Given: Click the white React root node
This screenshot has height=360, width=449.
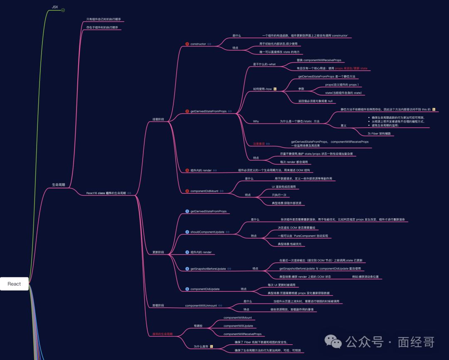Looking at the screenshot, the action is tap(14, 284).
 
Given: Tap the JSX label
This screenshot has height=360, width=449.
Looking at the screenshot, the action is tap(55, 7).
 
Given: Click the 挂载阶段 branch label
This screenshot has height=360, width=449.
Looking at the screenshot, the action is tap(158, 119).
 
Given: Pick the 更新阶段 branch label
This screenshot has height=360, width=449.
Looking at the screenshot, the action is tap(158, 252).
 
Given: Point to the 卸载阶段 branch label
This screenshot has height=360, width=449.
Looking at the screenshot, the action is tap(158, 306).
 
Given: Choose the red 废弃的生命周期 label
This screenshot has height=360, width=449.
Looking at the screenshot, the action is tap(160, 334).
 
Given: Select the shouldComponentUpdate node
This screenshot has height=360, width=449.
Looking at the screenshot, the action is tap(207, 232).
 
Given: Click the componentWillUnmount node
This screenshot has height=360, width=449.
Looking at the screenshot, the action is tap(201, 306).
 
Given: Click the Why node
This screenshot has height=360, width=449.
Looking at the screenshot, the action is tap(256, 121).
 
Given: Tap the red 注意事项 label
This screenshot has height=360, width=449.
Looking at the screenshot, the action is tap(259, 144).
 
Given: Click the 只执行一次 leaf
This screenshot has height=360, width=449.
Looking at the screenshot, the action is tap(279, 195).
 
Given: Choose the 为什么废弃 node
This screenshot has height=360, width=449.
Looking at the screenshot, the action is tap(201, 346).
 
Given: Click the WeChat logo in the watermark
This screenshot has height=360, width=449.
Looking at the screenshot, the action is tap(333, 342).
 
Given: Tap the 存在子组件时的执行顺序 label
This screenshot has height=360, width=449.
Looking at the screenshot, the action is tap(102, 27).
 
